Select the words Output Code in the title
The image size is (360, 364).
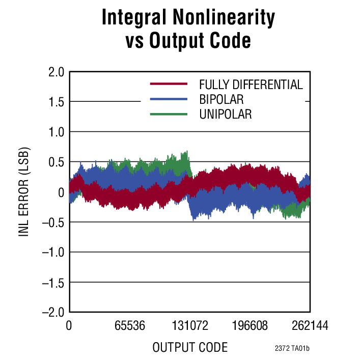pyautogui.click(x=200, y=41)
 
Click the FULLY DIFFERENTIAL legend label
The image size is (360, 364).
pyautogui.click(x=251, y=85)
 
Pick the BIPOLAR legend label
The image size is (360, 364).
pyautogui.click(x=221, y=99)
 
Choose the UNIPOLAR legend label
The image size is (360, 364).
pyautogui.click(x=226, y=114)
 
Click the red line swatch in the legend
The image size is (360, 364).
pyautogui.click(x=169, y=84)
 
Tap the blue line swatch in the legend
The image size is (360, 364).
pyautogui.click(x=169, y=99)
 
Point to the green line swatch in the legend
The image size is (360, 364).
pyautogui.click(x=169, y=114)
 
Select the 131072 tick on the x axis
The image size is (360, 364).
pyautogui.click(x=189, y=326)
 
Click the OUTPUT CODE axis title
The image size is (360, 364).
pyautogui.click(x=189, y=348)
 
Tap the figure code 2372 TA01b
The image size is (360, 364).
pyautogui.click(x=292, y=349)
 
